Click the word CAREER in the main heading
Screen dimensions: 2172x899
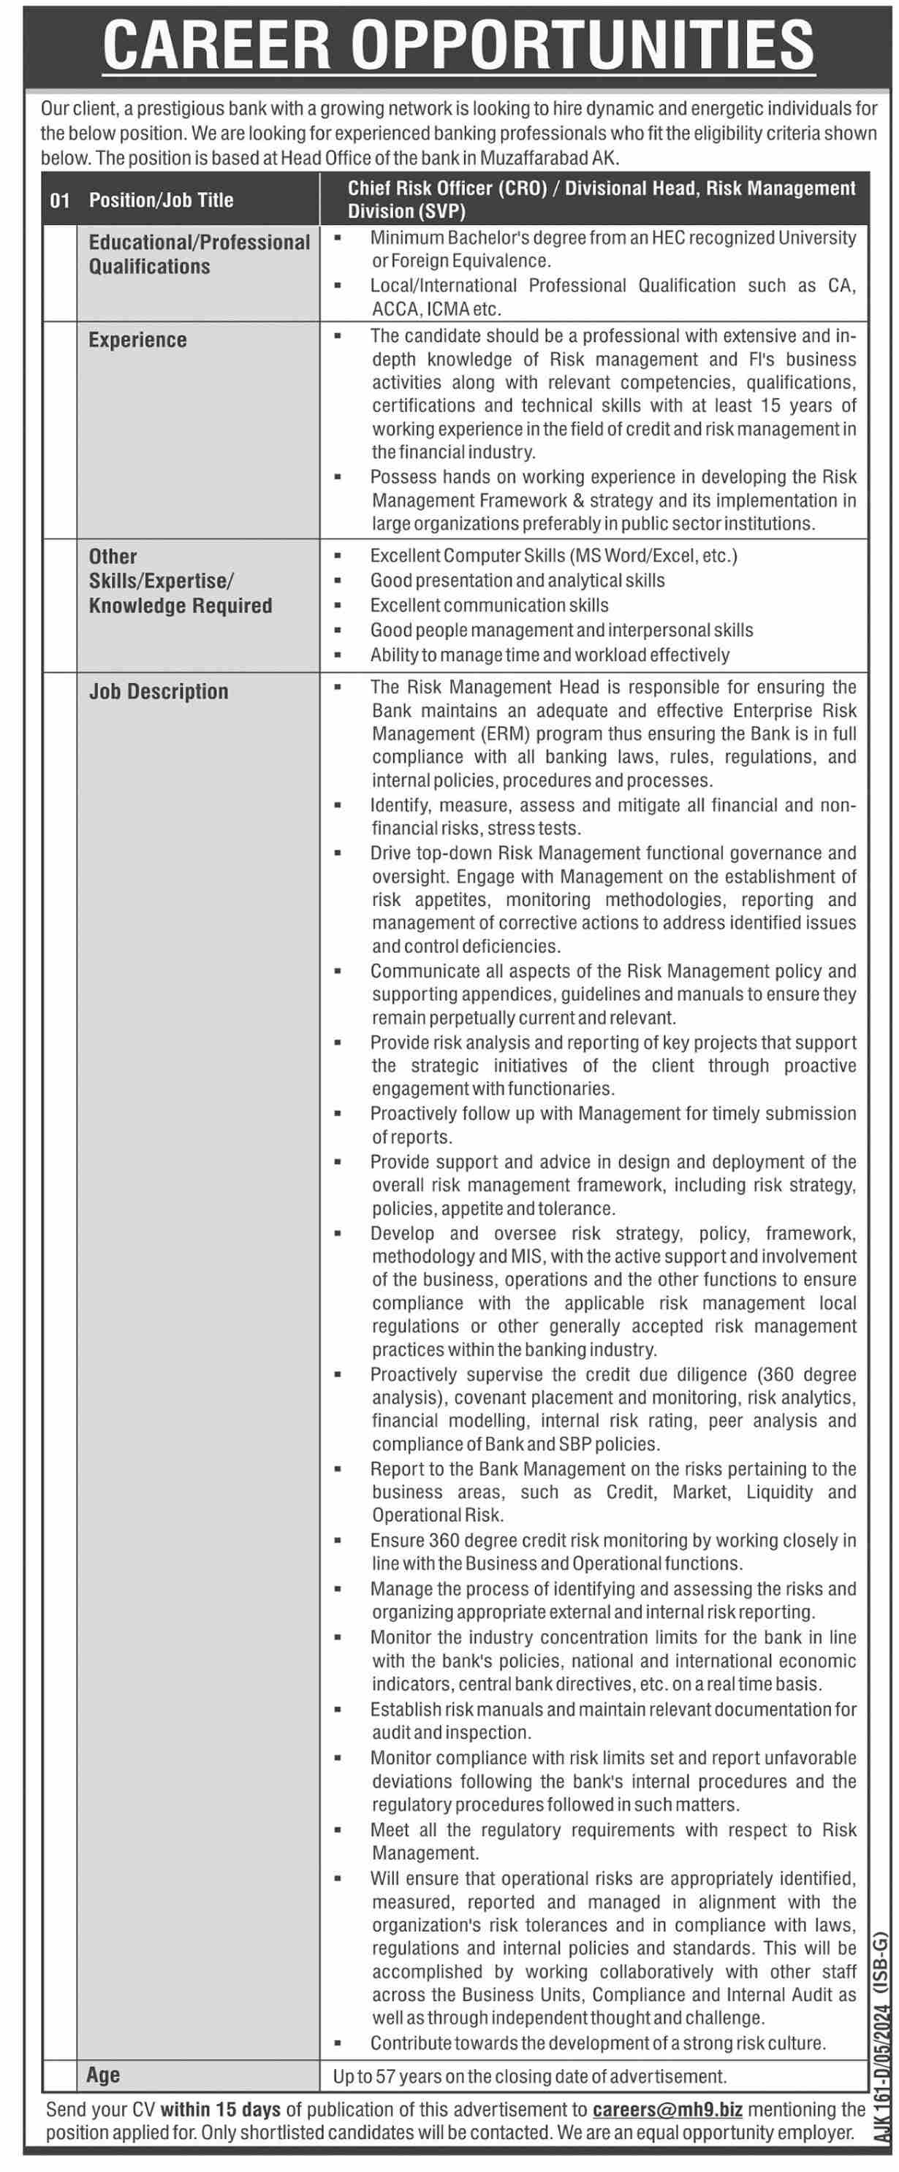(x=217, y=45)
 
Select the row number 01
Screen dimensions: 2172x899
(x=60, y=201)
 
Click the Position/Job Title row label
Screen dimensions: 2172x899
(x=161, y=201)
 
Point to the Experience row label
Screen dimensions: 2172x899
(x=137, y=340)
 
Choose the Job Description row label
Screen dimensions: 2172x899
(x=159, y=691)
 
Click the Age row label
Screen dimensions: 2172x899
(x=103, y=2075)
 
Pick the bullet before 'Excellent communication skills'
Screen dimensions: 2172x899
(x=338, y=606)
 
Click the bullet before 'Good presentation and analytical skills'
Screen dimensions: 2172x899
(x=338, y=581)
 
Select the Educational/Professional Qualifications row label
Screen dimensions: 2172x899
(x=199, y=254)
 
